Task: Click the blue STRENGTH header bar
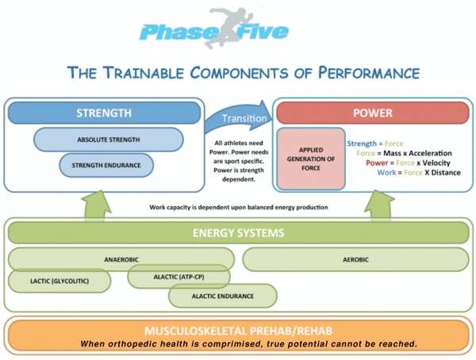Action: click(x=104, y=113)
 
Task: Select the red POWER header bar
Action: click(x=373, y=113)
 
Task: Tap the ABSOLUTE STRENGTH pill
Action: click(x=109, y=140)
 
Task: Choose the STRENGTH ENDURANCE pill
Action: click(x=106, y=166)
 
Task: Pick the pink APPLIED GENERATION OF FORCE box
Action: click(x=311, y=159)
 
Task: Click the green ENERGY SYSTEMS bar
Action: click(x=238, y=233)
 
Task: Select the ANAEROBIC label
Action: click(x=121, y=260)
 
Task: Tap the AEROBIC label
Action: click(x=355, y=260)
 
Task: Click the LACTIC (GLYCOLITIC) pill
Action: click(x=59, y=281)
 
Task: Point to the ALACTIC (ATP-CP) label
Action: click(x=178, y=277)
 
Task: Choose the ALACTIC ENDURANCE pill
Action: click(x=222, y=296)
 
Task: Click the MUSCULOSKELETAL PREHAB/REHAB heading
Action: click(x=238, y=331)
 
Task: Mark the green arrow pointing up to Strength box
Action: click(x=96, y=206)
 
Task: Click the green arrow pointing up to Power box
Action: click(x=379, y=205)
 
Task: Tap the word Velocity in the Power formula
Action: click(x=436, y=163)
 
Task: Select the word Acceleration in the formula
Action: click(x=430, y=153)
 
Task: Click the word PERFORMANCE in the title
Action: click(x=369, y=73)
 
